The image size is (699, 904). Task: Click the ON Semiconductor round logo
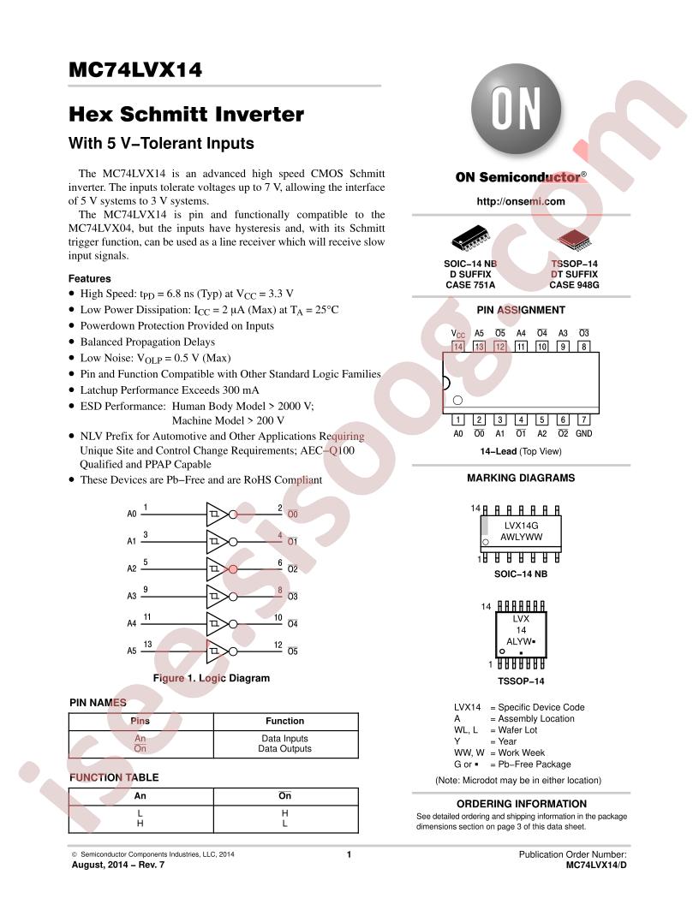point(517,109)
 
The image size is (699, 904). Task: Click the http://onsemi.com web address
point(521,201)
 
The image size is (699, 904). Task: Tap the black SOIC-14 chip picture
point(470,237)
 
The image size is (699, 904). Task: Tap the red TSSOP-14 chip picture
point(574,239)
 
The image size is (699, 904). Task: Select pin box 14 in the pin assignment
point(458,347)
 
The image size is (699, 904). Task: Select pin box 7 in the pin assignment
point(583,419)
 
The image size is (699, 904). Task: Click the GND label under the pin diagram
point(583,433)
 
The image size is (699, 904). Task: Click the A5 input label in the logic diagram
point(132,651)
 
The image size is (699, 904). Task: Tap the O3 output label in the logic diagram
point(293,596)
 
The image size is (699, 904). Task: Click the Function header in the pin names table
point(285,721)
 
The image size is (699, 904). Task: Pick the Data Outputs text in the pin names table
point(285,748)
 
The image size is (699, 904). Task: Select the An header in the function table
point(140,795)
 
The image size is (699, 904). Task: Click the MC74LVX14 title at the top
point(135,69)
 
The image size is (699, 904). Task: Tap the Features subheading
point(89,278)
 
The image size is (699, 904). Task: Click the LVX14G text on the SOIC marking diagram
point(522,526)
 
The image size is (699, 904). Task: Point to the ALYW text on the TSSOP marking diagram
point(519,641)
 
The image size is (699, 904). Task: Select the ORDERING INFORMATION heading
point(522,804)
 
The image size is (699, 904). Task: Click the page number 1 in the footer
point(349,854)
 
